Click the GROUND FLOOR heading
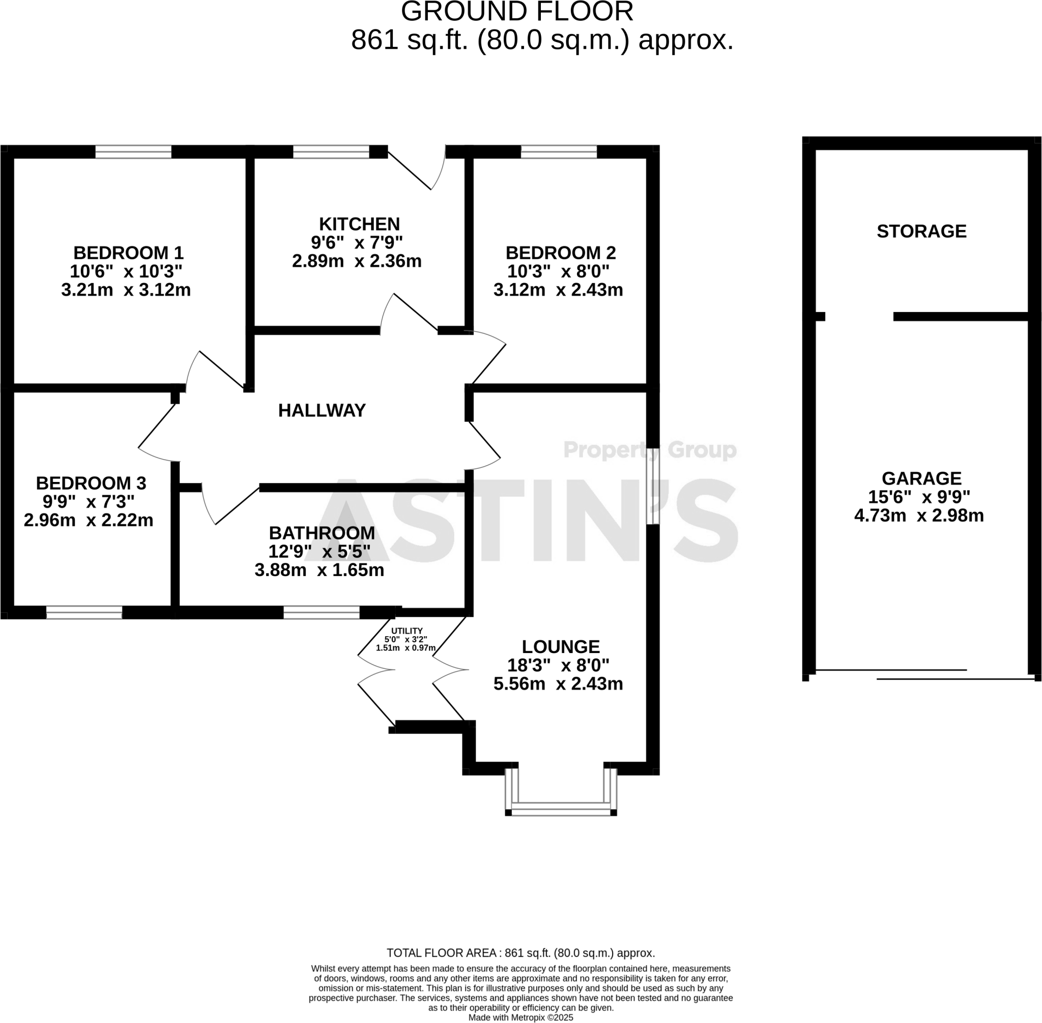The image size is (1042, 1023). pos(517,12)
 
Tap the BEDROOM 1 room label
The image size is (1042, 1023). pos(128,252)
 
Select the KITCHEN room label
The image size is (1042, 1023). pos(359,223)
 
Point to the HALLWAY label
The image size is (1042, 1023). pos(322,411)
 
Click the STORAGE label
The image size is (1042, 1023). pos(921,231)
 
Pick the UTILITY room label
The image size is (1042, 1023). pos(407,631)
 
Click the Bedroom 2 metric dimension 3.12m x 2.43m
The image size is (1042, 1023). pos(558,290)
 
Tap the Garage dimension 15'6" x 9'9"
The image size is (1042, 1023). pos(919,497)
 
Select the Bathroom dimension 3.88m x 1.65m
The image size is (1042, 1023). pos(319,570)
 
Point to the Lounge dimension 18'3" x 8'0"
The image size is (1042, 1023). pos(558,665)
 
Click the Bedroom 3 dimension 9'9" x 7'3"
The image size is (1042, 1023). pos(89,501)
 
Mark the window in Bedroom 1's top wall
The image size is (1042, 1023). pos(133,152)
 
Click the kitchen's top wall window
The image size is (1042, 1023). pos(331,152)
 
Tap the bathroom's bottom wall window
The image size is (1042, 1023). pos(321,612)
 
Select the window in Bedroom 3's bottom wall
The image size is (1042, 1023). pos(84,612)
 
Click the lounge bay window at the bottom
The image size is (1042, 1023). pos(561,809)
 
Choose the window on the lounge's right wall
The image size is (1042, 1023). pos(653,486)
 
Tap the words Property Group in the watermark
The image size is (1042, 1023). pos(650,450)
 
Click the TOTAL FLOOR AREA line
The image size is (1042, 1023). pos(520,953)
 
